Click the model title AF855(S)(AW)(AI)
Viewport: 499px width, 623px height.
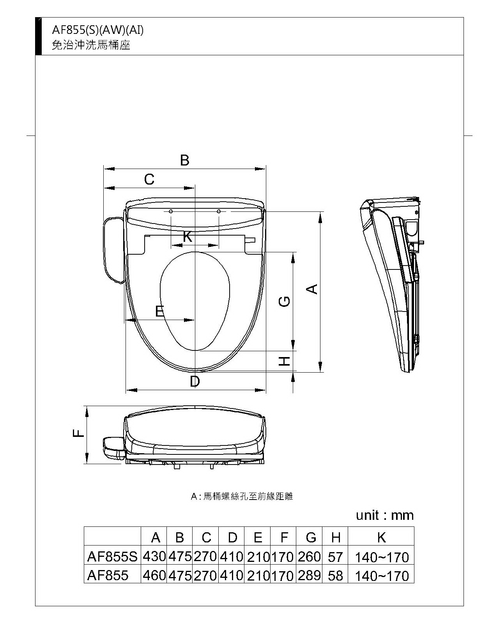click(x=98, y=30)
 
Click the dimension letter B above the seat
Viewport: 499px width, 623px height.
click(x=185, y=160)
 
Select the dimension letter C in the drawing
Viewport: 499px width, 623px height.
click(x=149, y=179)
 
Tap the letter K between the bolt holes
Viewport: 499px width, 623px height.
click(x=188, y=236)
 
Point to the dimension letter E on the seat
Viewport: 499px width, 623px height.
click(x=159, y=311)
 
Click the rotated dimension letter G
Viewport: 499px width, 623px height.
click(x=284, y=302)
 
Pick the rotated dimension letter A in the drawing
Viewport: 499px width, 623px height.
click(x=312, y=289)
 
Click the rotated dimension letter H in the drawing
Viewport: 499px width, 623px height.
click(x=285, y=361)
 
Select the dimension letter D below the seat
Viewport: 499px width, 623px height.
click(x=195, y=381)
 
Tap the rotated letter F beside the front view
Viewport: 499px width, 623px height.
click(x=78, y=433)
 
